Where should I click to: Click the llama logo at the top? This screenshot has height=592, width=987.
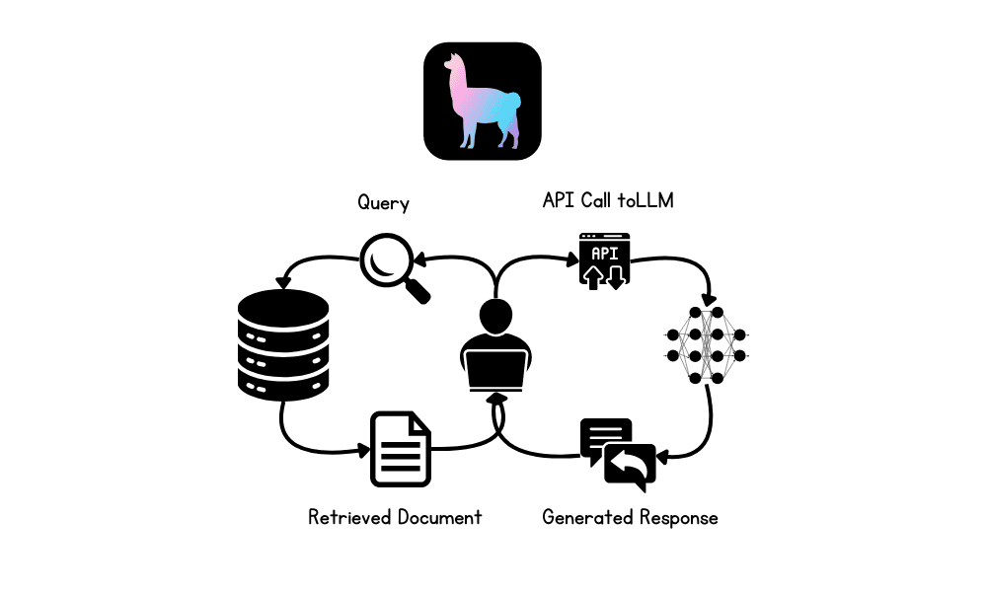pos(483,101)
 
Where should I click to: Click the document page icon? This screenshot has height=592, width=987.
pos(401,450)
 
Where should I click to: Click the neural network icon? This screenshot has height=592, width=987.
pos(707,344)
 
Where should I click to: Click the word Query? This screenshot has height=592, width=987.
pos(383,203)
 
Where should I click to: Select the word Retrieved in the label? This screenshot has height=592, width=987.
pos(349,517)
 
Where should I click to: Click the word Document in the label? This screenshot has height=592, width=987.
pos(439,517)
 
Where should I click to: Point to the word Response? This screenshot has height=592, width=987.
pos(678,517)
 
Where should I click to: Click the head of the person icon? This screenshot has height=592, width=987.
pos(497,316)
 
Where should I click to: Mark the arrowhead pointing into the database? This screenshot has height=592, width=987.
pos(283,283)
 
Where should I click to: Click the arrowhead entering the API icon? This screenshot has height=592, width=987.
pos(573,260)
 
